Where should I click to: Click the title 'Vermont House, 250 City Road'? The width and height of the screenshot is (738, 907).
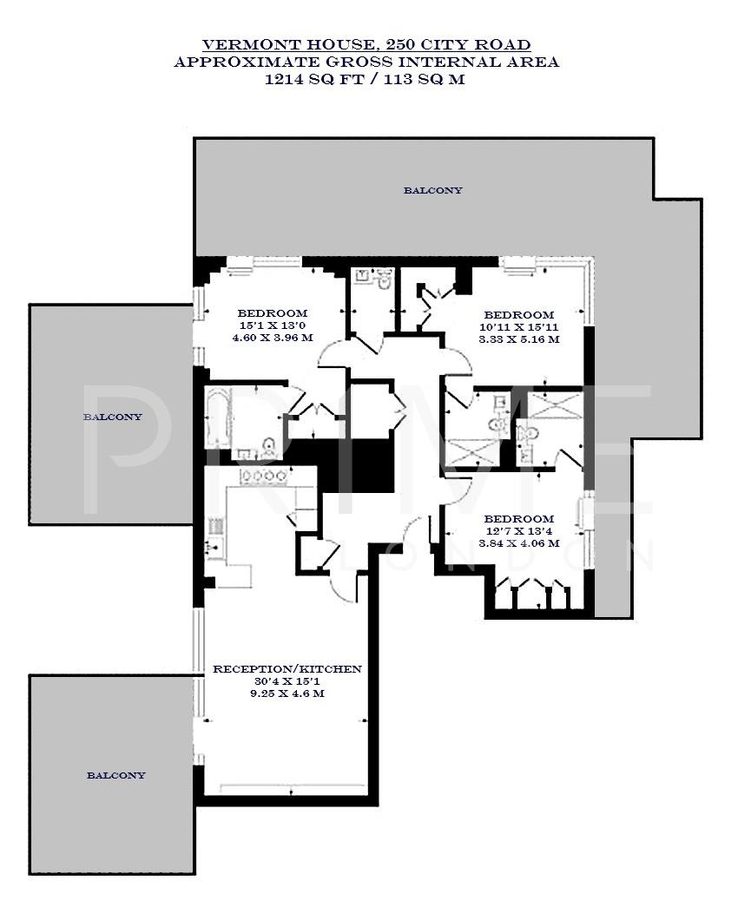click(x=366, y=44)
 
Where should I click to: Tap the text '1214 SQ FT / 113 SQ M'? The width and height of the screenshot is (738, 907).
click(x=366, y=79)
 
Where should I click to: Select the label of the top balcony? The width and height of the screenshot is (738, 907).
click(x=432, y=190)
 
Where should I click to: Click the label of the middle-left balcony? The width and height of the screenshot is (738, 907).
click(x=113, y=417)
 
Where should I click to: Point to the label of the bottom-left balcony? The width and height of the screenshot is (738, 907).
click(x=115, y=775)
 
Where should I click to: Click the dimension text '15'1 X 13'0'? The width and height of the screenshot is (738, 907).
click(x=273, y=325)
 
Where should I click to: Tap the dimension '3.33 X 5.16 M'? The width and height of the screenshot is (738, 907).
click(x=518, y=339)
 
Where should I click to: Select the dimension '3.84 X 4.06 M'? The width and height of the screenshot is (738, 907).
click(x=518, y=543)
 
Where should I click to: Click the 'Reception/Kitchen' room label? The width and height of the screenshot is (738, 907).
click(x=287, y=669)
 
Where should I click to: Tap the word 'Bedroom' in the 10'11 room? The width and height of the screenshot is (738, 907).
click(x=518, y=314)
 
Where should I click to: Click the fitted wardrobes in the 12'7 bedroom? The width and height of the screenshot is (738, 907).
click(x=531, y=597)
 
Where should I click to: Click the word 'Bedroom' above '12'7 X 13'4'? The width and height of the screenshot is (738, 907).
click(x=518, y=518)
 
